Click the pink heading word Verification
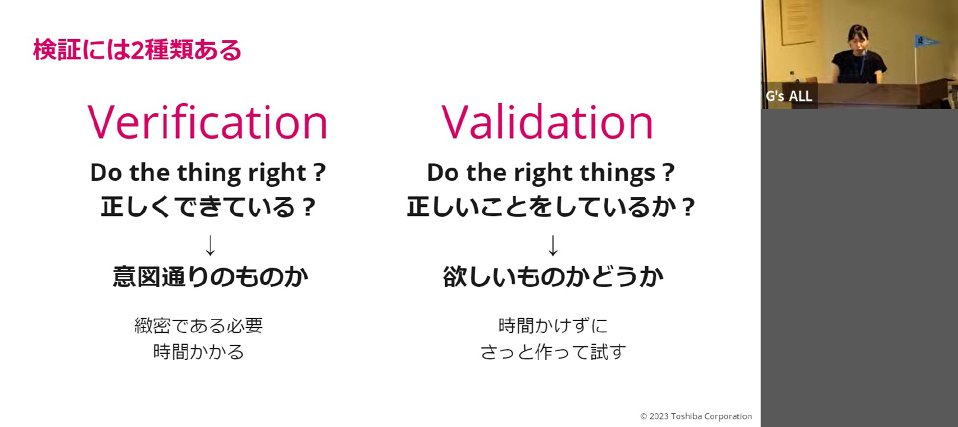click(x=207, y=122)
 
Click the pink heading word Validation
click(x=547, y=122)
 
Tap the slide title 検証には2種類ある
click(x=137, y=50)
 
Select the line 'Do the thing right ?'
click(x=208, y=173)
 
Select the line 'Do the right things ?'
click(x=551, y=173)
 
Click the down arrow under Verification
click(x=210, y=245)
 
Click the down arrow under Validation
click(x=553, y=245)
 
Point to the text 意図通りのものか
click(x=211, y=277)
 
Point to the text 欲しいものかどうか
click(x=553, y=277)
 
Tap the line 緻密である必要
click(x=198, y=325)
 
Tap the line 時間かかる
click(x=198, y=352)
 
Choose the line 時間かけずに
click(x=553, y=325)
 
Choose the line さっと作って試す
click(x=553, y=352)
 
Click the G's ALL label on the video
click(x=788, y=96)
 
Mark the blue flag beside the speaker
click(x=927, y=42)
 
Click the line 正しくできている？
click(x=208, y=207)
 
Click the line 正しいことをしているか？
click(x=550, y=207)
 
